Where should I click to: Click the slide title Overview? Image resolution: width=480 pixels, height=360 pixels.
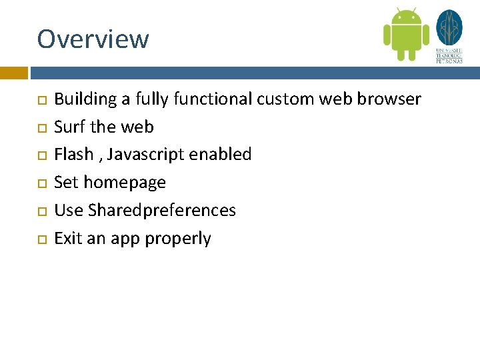coord(93,39)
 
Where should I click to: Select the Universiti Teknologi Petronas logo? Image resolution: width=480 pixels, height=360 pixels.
coord(449,36)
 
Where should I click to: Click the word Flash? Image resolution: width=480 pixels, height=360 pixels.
coord(73,155)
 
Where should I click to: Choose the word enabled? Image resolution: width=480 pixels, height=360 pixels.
coord(220,155)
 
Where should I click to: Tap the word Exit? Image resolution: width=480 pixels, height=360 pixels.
coord(66,239)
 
